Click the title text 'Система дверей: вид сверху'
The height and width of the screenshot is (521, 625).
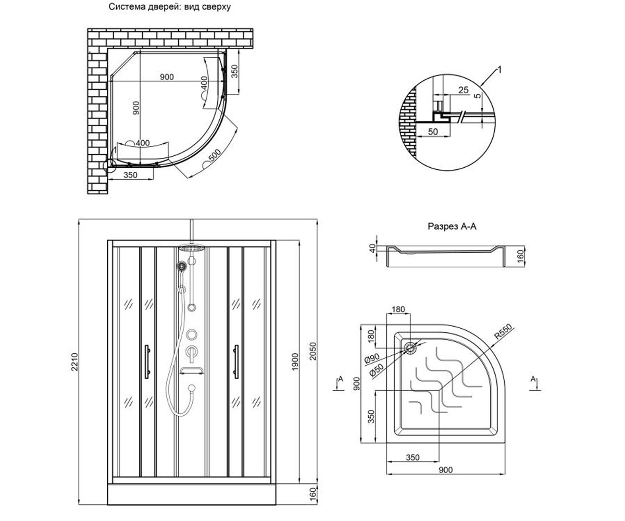[x=169, y=7]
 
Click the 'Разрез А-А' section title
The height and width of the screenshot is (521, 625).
[x=452, y=226]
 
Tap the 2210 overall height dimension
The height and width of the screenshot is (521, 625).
[x=74, y=362]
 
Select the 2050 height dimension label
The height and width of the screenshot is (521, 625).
[x=312, y=351]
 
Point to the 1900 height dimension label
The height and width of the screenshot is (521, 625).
[x=295, y=362]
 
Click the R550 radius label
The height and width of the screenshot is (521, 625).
[x=503, y=331]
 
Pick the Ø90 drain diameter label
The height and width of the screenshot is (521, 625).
[x=372, y=358]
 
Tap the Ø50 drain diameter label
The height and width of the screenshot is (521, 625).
[x=376, y=370]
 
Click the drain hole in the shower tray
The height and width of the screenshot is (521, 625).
[x=410, y=348]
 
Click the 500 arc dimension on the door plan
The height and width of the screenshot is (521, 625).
[x=215, y=155]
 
